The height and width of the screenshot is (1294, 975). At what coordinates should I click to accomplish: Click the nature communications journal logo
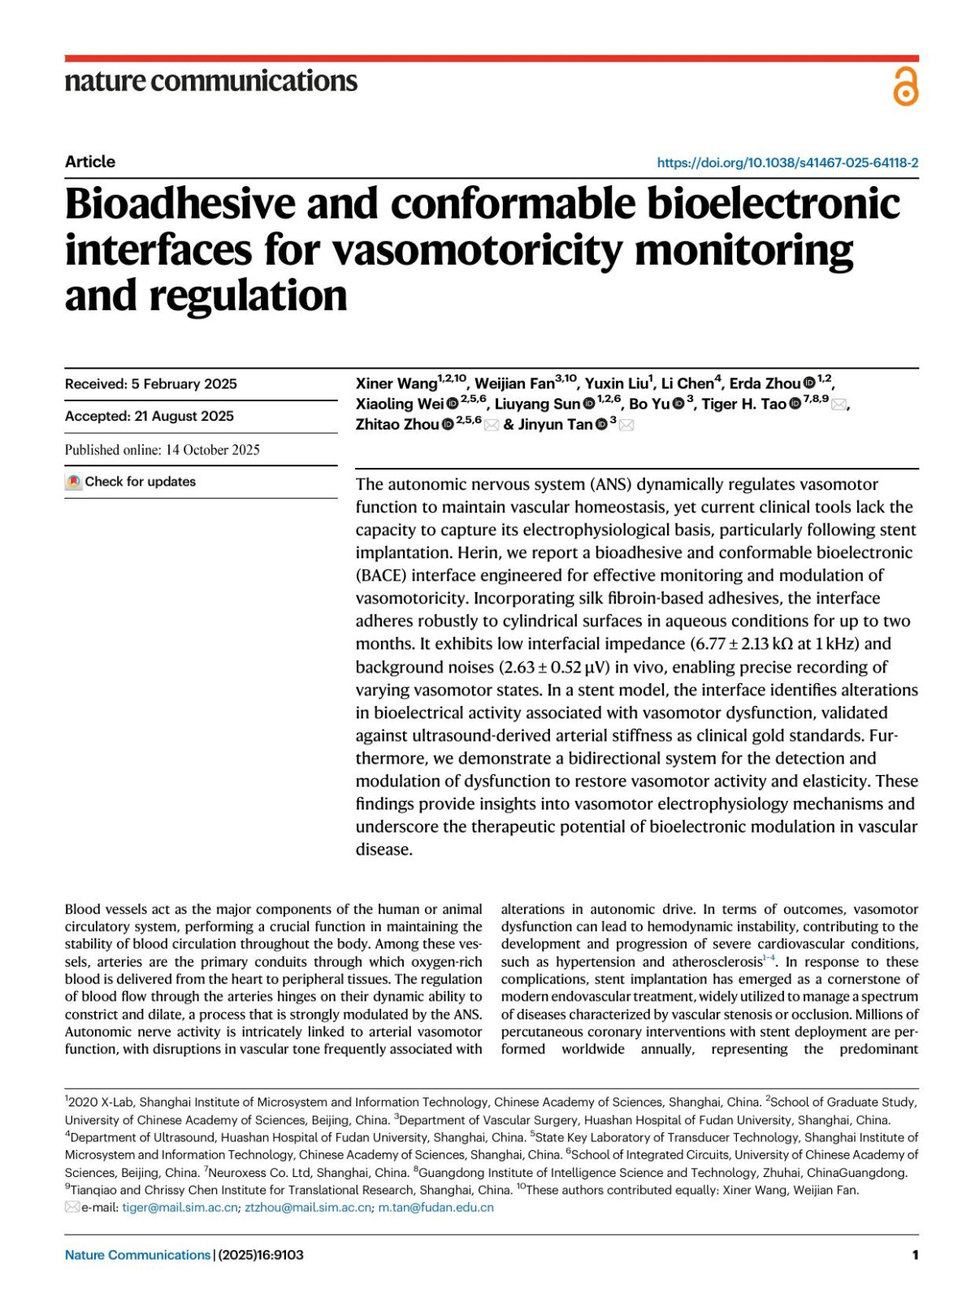pyautogui.click(x=210, y=80)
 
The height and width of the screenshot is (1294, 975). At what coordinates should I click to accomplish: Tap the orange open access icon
pyautogui.click(x=905, y=87)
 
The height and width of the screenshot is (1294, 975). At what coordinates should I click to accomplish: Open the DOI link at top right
pyautogui.click(x=787, y=162)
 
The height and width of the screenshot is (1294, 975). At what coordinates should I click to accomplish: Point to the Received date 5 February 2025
pyautogui.click(x=151, y=384)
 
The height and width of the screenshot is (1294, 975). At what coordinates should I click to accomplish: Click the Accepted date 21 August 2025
pyautogui.click(x=149, y=416)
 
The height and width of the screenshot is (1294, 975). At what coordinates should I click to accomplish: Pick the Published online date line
pyautogui.click(x=162, y=449)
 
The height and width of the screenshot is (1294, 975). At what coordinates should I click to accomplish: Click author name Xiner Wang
pyautogui.click(x=396, y=383)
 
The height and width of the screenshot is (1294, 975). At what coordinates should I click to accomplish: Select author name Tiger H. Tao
pyautogui.click(x=743, y=404)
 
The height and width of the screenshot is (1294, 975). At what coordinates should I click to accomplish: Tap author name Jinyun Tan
pyautogui.click(x=555, y=424)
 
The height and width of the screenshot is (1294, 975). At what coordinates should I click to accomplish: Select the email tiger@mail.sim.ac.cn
pyautogui.click(x=180, y=1207)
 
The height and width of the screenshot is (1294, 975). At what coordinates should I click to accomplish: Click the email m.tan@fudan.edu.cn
pyautogui.click(x=435, y=1207)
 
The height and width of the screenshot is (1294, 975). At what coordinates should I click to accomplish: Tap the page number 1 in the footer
pyautogui.click(x=915, y=1255)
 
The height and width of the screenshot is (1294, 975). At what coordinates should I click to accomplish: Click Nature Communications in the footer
pyautogui.click(x=137, y=1255)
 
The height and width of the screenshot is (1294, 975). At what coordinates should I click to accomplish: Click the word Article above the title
pyautogui.click(x=90, y=162)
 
